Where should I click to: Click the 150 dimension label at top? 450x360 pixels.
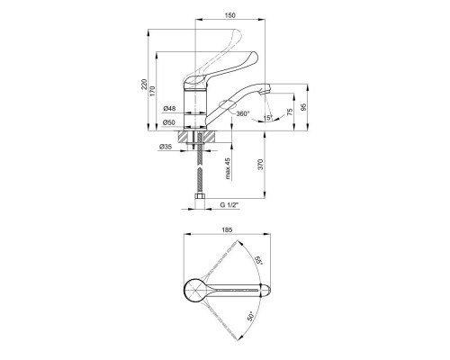pos(229,15)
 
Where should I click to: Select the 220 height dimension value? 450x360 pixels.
pos(144,85)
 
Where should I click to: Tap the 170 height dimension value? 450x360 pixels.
pos(153,91)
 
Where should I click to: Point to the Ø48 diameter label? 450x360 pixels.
pos(169,108)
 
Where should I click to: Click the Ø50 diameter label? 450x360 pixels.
pos(169,122)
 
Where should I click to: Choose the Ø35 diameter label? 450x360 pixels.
pos(166,147)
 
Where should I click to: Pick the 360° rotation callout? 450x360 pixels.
pos(243,113)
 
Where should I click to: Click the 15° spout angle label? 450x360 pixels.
pos(267,118)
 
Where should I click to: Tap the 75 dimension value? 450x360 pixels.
pos(290,112)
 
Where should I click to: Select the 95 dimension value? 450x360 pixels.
pos(303,107)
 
